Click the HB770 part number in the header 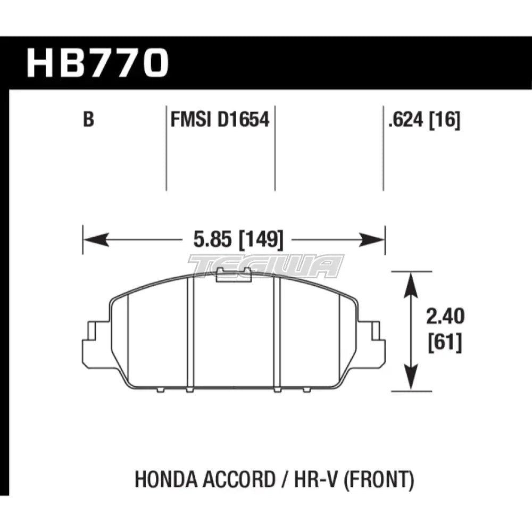click(x=97, y=63)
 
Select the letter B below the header click(x=88, y=120)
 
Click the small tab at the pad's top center click(x=234, y=273)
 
